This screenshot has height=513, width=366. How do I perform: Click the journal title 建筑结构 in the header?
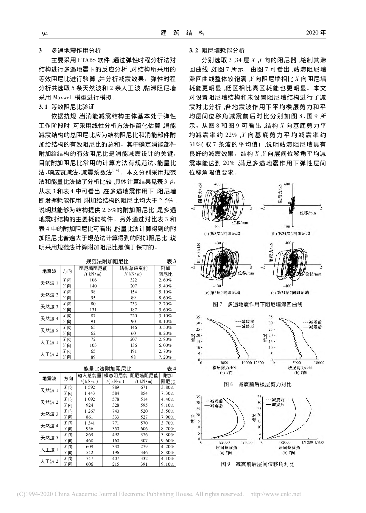click(x=182, y=33)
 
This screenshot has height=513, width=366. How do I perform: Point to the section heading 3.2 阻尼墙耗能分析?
click(x=217, y=51)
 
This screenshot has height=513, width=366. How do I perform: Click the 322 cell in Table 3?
click(x=133, y=281)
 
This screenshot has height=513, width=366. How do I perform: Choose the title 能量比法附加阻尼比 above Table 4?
click(x=107, y=370)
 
